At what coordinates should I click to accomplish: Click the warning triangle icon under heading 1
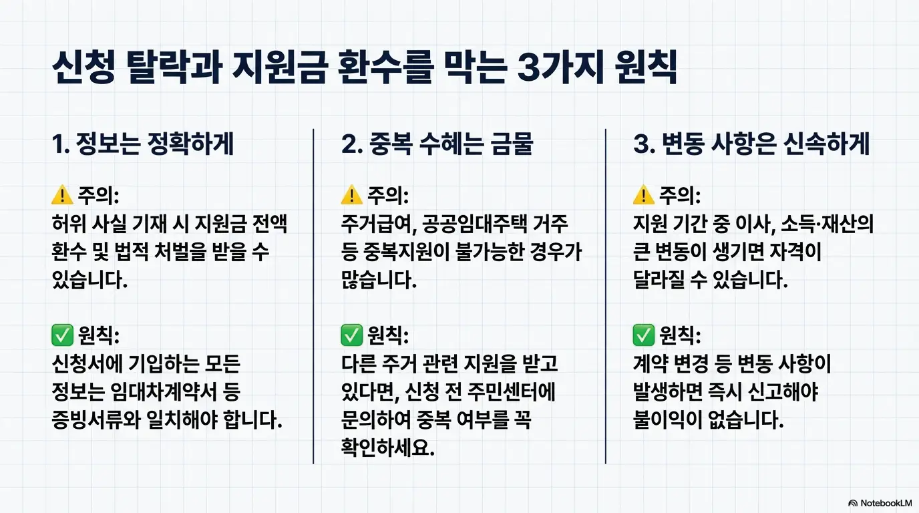tap(61, 196)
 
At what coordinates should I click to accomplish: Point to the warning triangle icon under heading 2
tap(351, 196)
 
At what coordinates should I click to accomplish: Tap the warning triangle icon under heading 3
tap(642, 196)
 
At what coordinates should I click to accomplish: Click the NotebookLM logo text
tap(886, 503)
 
